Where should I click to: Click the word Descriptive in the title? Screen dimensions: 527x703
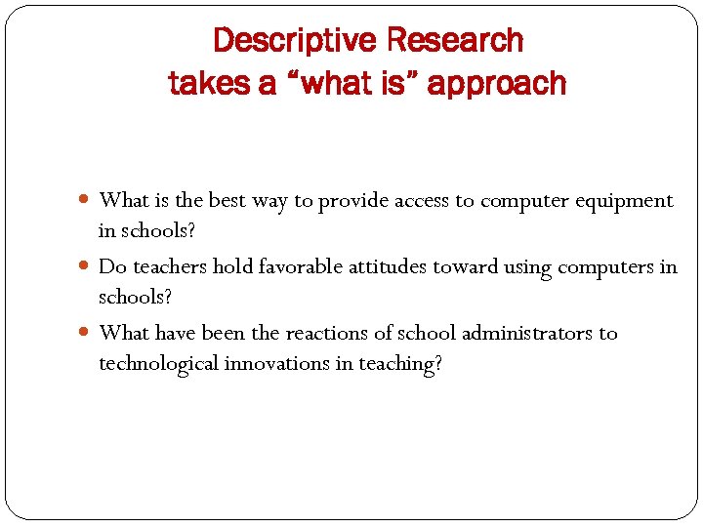[294, 41]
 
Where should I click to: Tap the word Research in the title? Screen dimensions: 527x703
[455, 41]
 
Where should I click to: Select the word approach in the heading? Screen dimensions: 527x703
[497, 84]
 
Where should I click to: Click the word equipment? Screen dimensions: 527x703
[625, 201]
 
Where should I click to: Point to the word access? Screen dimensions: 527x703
[423, 201]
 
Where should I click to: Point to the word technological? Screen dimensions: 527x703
[158, 364]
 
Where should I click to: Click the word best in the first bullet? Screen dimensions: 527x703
[227, 201]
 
